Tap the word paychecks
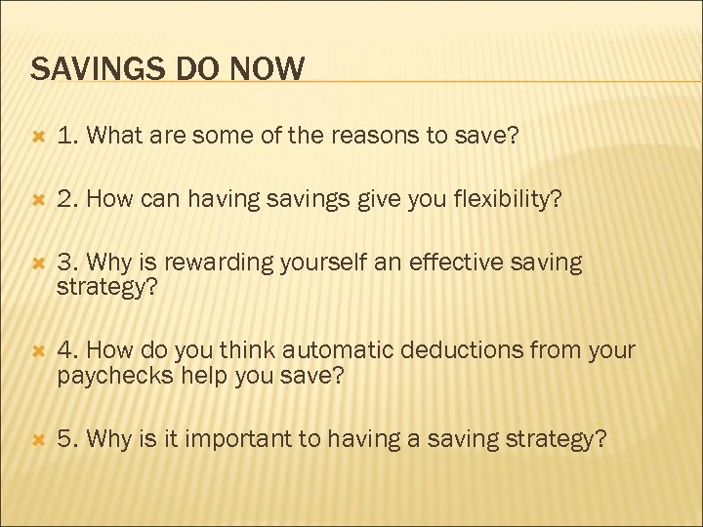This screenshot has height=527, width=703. click(105, 376)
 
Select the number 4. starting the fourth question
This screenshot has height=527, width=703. click(68, 351)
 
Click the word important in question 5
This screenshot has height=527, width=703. click(248, 439)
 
